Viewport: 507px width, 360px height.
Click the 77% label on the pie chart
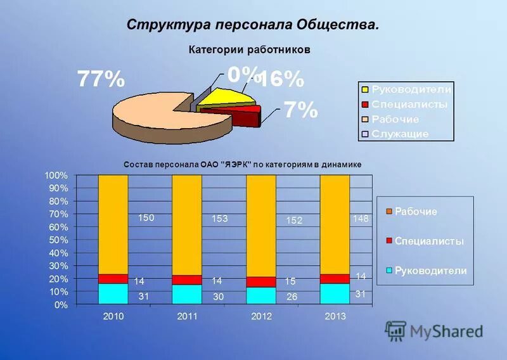(x=101, y=80)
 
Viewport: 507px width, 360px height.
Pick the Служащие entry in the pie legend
(x=399, y=134)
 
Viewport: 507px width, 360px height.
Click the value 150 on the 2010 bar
(x=146, y=217)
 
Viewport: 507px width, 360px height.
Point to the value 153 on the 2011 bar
(x=220, y=219)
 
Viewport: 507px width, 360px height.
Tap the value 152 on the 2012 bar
(x=293, y=221)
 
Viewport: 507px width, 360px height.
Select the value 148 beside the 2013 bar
(x=361, y=218)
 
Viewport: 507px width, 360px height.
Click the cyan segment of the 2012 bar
(x=260, y=295)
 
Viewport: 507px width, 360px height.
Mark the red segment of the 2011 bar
(x=187, y=280)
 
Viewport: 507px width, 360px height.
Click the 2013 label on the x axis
(x=335, y=316)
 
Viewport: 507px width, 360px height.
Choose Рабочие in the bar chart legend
(x=416, y=212)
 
